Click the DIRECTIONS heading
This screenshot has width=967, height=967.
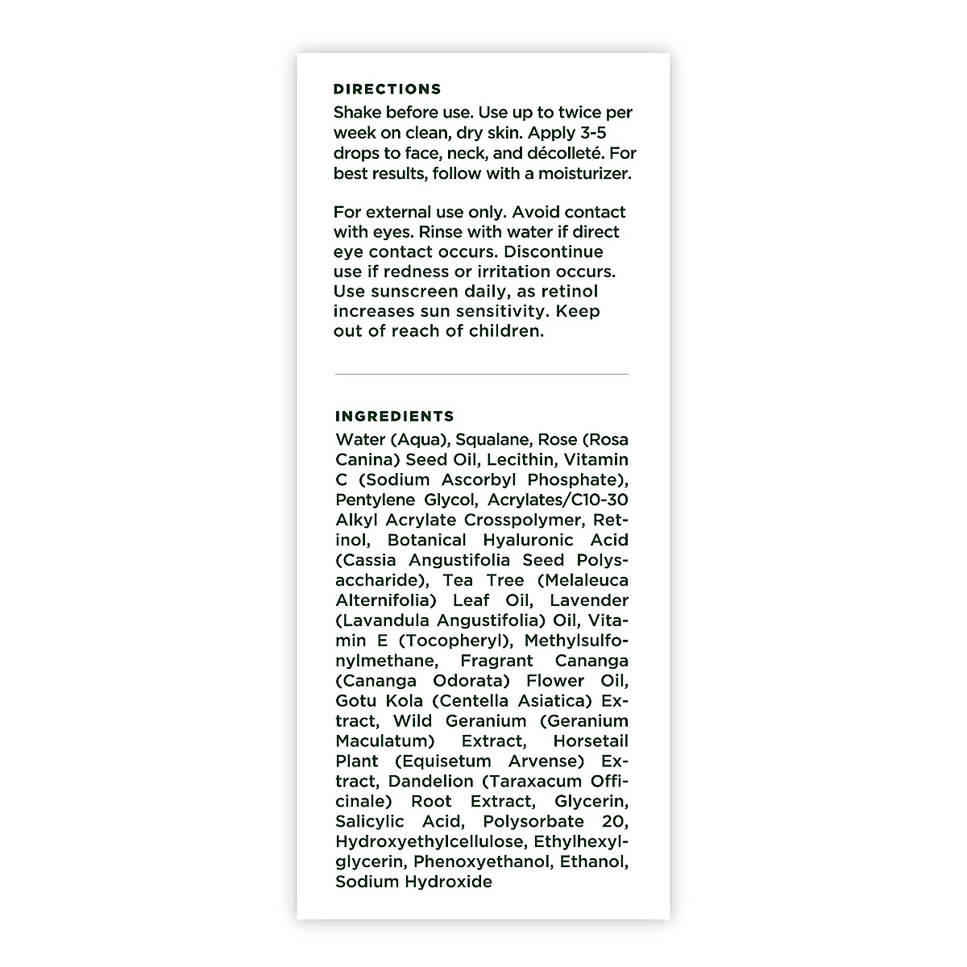(387, 89)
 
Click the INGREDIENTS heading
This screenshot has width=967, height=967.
(395, 417)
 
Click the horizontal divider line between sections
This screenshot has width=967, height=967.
(481, 374)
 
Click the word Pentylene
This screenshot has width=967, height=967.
(375, 500)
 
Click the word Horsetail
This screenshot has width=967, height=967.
(591, 741)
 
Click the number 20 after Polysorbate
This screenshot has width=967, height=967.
(615, 822)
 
